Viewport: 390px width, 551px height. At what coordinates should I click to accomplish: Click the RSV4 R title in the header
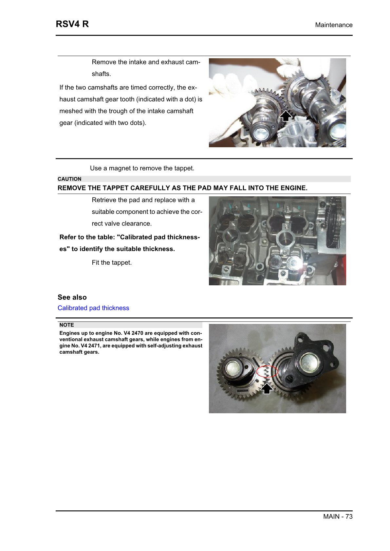click(x=72, y=24)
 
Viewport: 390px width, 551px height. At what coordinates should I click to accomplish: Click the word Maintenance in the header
click(x=333, y=25)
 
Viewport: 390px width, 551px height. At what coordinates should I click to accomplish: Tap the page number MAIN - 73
click(x=337, y=516)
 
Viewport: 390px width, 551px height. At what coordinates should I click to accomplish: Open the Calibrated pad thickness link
click(x=93, y=308)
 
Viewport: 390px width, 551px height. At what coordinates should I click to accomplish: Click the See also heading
click(x=72, y=297)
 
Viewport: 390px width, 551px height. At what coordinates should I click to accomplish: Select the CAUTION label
click(x=69, y=179)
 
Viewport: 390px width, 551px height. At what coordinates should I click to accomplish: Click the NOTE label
click(x=66, y=325)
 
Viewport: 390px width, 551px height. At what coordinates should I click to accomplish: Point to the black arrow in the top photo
click(x=286, y=116)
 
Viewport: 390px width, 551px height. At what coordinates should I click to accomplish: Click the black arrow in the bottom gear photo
click(x=267, y=388)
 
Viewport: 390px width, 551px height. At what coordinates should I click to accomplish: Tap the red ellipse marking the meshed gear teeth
click(x=267, y=372)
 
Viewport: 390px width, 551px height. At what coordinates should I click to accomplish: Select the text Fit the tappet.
click(x=112, y=262)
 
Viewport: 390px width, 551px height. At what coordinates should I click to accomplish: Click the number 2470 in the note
click(x=137, y=333)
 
